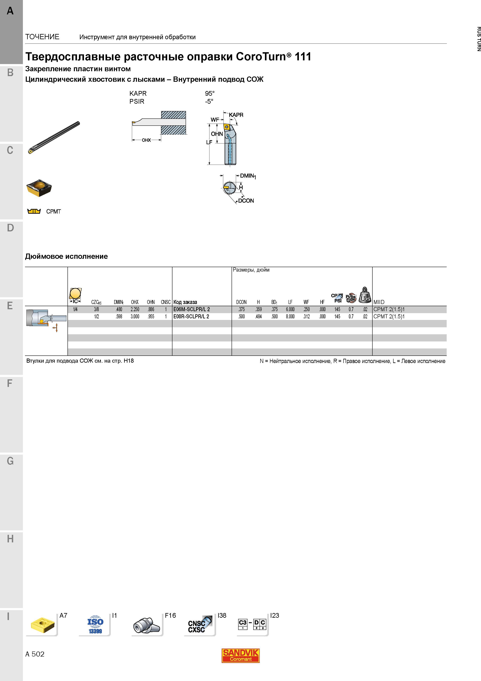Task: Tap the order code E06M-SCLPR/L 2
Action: (191, 309)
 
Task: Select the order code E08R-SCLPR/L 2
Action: (191, 316)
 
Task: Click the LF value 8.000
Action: (290, 316)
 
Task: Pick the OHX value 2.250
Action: (135, 309)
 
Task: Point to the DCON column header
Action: (241, 302)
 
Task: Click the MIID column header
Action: (379, 302)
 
